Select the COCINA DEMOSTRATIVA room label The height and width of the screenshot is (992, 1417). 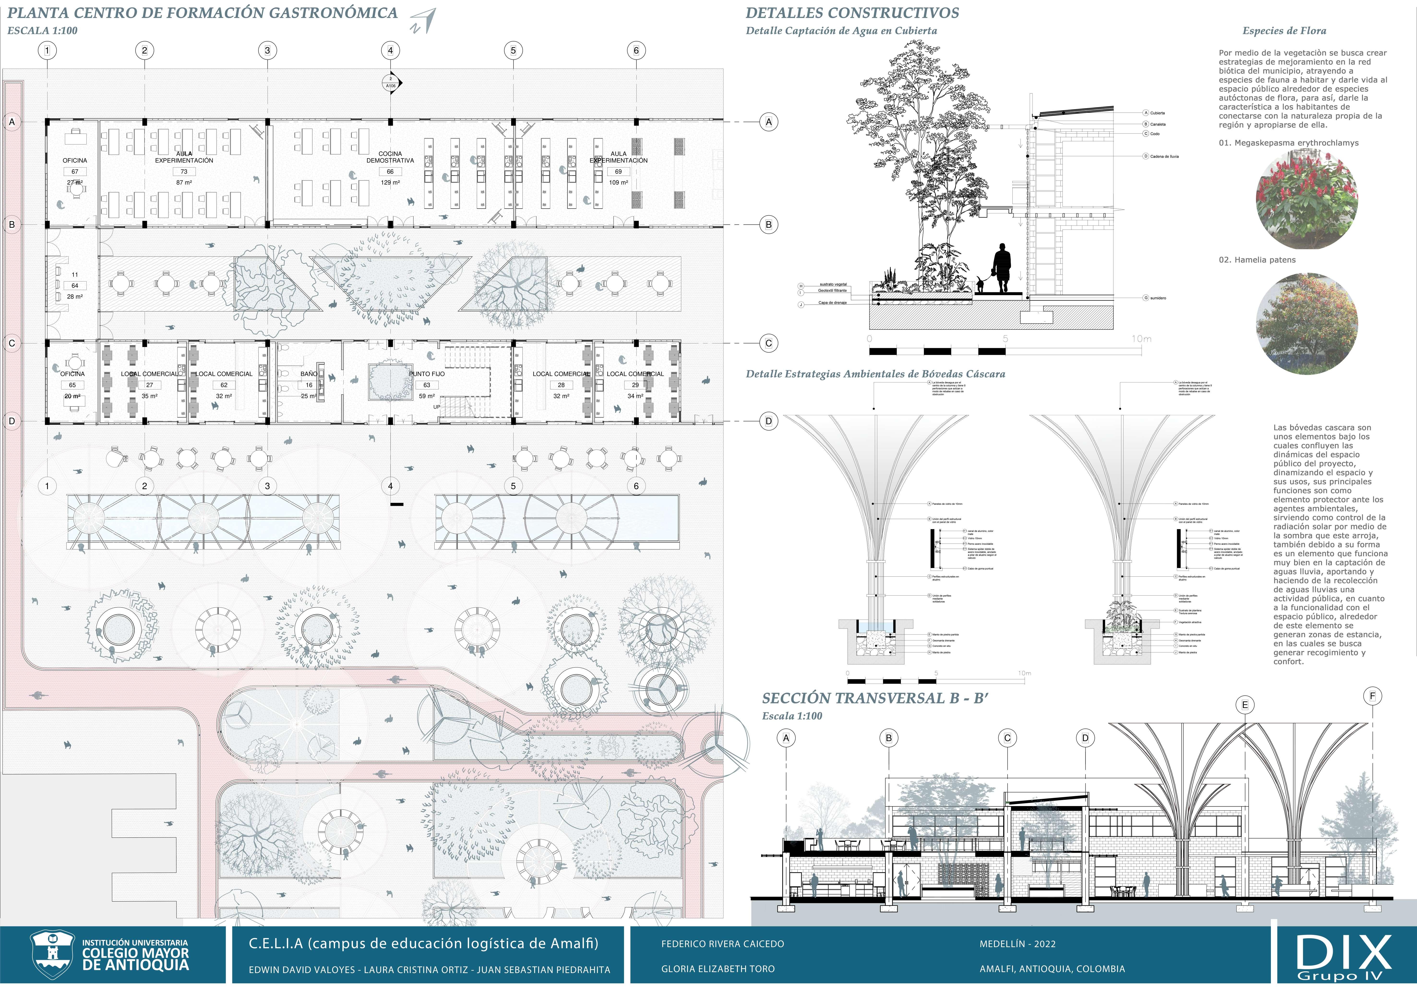tap(390, 157)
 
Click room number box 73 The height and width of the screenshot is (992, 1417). tap(184, 172)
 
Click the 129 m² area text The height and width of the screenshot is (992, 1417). tap(390, 183)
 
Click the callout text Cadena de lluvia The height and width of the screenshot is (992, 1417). tap(1164, 157)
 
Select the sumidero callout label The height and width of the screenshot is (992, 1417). tap(1158, 298)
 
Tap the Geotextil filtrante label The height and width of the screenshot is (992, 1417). tap(832, 291)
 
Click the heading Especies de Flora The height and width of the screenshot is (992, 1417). tap(1284, 31)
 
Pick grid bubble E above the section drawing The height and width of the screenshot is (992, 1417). tap(1245, 705)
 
